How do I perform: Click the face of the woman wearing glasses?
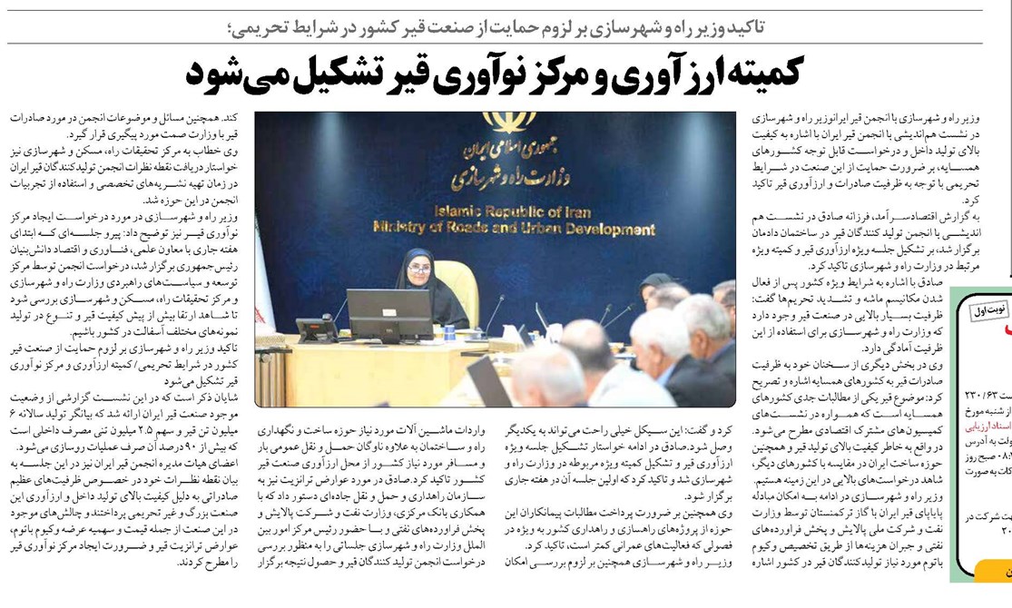418,270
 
